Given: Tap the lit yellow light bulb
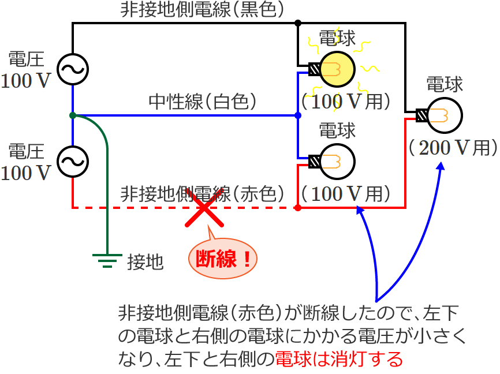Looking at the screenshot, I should [x=337, y=68].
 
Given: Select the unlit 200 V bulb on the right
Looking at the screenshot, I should [x=445, y=114].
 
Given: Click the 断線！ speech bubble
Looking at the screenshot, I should [x=222, y=258].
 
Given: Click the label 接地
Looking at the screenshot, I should [x=145, y=263].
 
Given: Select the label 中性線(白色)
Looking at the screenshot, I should [x=202, y=103].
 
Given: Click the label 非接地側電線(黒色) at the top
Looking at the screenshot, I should [x=202, y=10].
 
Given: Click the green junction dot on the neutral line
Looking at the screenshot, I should [x=73, y=115].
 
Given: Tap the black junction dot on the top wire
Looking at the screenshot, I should [x=297, y=23].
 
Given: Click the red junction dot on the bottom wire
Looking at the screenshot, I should [x=297, y=207].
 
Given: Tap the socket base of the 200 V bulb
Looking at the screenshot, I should [x=423, y=114].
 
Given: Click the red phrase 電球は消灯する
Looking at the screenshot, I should [x=339, y=359].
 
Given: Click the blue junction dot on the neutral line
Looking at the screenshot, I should [x=297, y=115].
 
